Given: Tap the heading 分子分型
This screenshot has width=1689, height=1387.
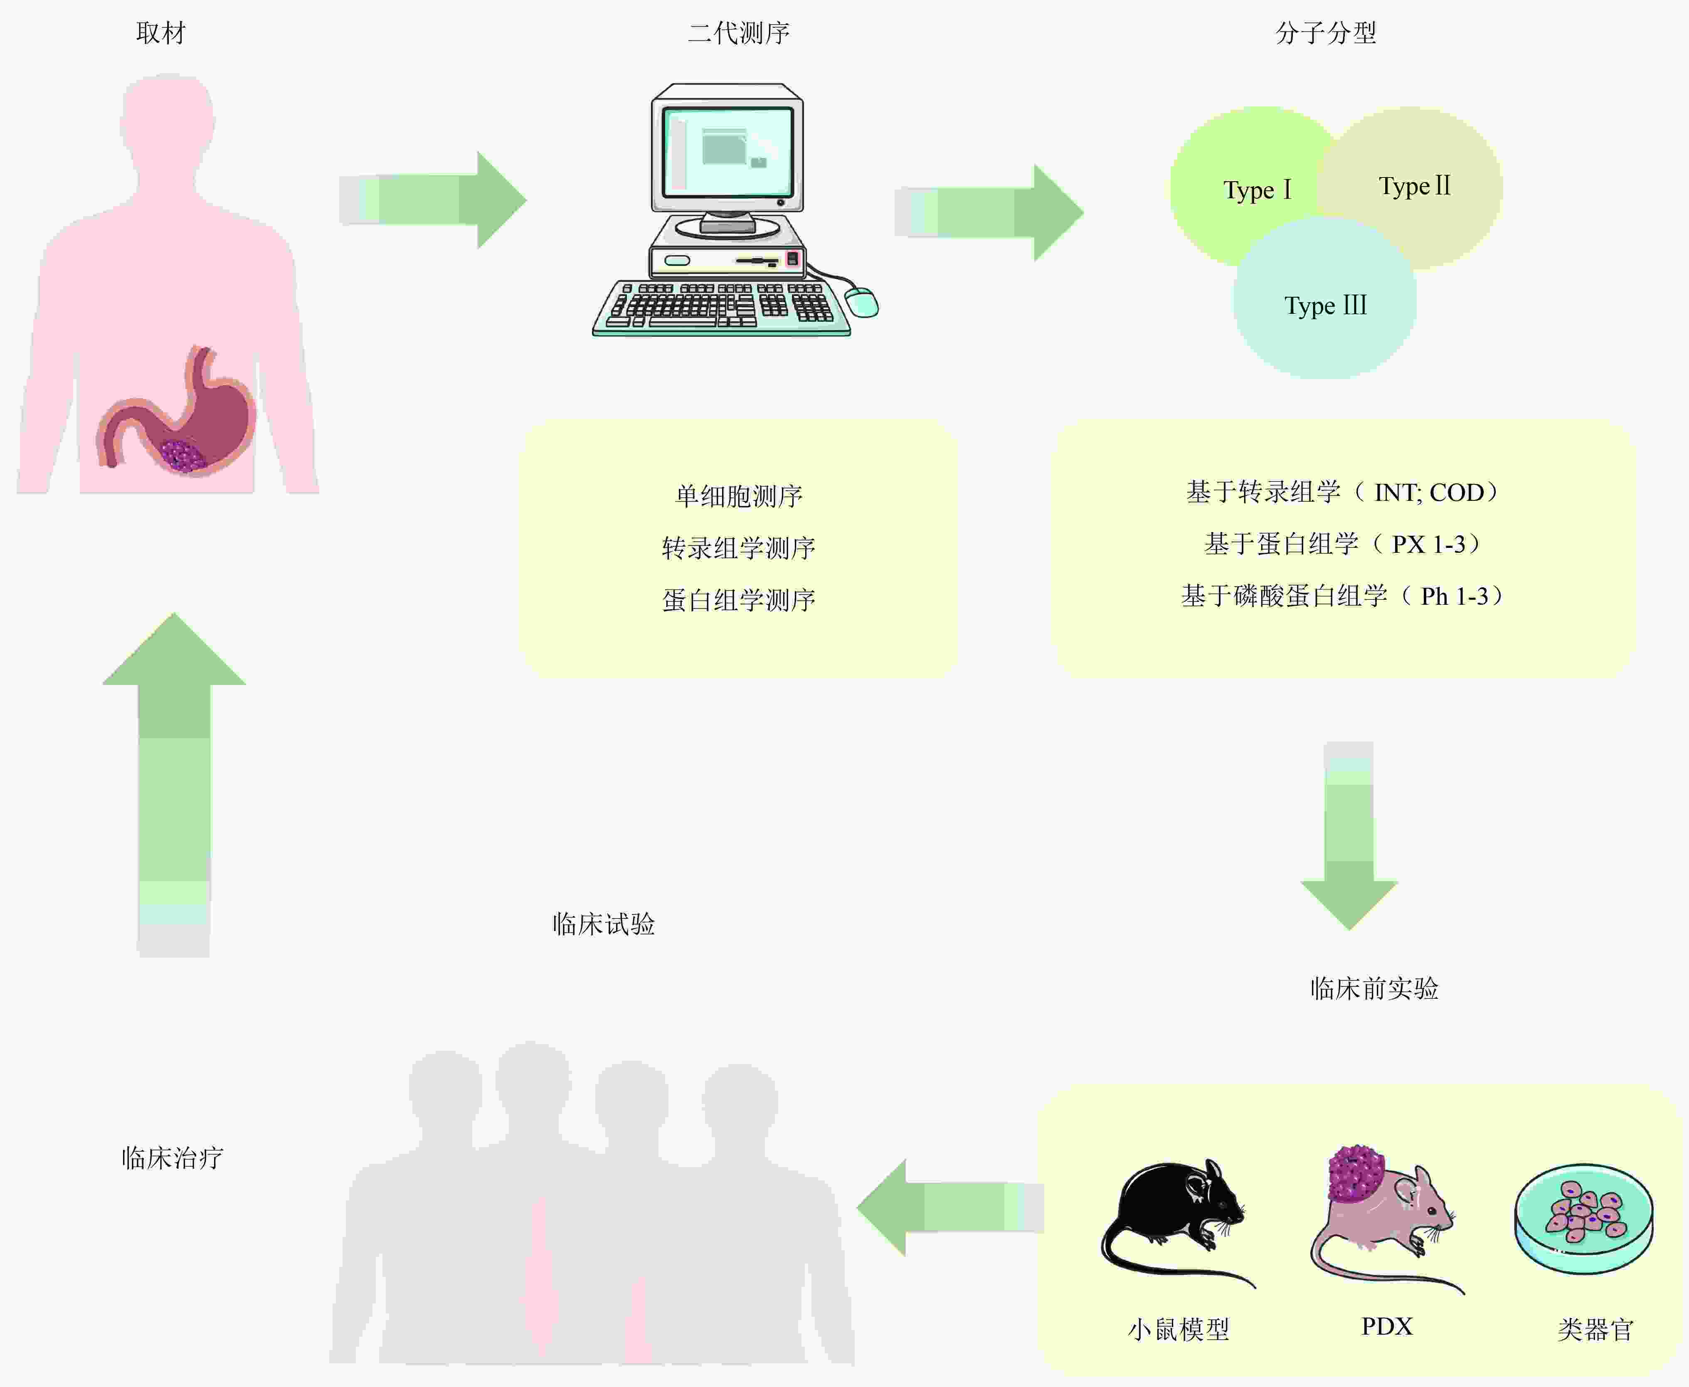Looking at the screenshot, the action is [1326, 33].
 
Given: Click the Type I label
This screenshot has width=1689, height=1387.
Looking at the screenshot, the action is [1257, 190].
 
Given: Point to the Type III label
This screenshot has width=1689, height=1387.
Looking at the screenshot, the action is [1326, 305].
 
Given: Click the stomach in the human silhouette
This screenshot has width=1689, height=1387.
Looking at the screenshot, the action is [178, 411].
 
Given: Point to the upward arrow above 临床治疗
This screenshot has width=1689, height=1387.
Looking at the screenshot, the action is [174, 785].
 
